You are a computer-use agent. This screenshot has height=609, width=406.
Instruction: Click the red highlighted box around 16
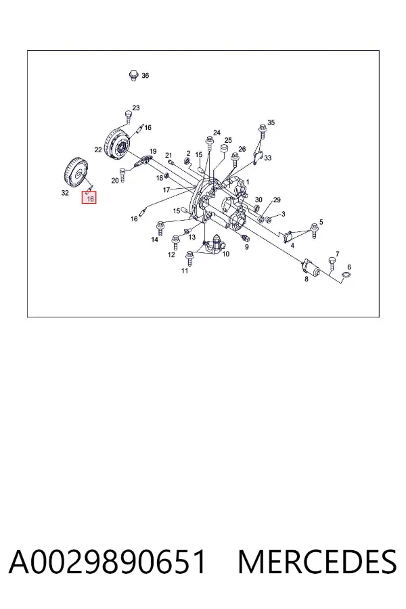tap(89, 198)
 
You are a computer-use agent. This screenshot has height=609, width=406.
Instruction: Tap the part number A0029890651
tap(107, 562)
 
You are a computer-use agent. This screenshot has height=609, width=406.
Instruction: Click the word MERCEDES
tap(317, 562)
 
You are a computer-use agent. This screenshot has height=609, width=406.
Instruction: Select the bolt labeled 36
tap(134, 75)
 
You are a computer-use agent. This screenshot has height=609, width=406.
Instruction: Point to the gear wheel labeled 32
tap(76, 173)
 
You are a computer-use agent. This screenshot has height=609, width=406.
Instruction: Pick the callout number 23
tap(135, 108)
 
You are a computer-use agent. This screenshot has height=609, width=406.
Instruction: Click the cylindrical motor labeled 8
tap(311, 267)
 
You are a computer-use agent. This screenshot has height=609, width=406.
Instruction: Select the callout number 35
tap(271, 122)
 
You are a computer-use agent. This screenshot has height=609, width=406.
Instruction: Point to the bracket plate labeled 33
tap(258, 157)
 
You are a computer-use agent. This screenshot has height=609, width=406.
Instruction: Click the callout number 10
tap(226, 254)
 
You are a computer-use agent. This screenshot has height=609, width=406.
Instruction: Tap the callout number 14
tap(155, 240)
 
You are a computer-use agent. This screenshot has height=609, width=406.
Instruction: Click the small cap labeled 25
tap(224, 150)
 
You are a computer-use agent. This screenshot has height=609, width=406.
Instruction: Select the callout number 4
tap(292, 246)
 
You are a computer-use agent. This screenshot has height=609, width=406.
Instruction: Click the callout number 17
tap(166, 190)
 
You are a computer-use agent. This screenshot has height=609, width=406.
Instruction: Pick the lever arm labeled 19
tap(143, 162)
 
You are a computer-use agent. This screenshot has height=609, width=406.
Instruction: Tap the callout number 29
tap(277, 200)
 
